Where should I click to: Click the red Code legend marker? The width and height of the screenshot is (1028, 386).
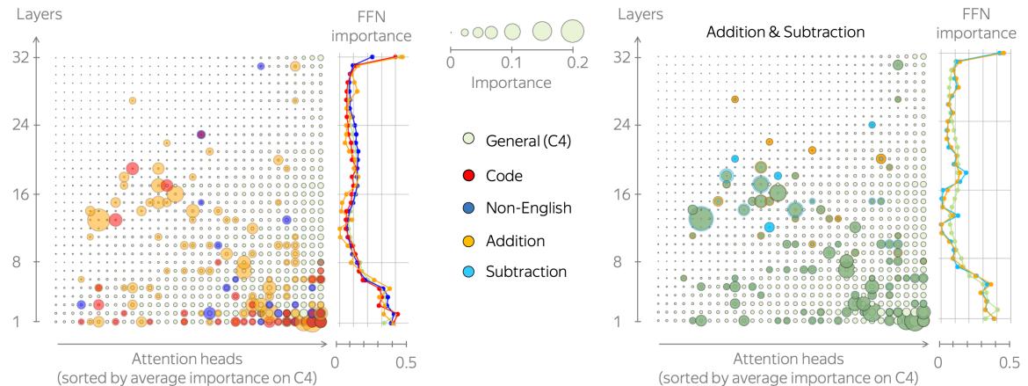pyautogui.click(x=468, y=176)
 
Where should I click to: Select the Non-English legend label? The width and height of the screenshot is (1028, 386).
pyautogui.click(x=528, y=208)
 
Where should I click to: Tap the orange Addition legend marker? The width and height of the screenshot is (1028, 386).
pyautogui.click(x=468, y=240)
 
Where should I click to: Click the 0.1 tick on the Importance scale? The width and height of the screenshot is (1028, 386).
pyautogui.click(x=512, y=63)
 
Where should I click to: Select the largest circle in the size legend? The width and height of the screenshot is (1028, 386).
pyautogui.click(x=572, y=32)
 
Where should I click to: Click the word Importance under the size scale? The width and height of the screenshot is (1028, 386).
pyautogui.click(x=511, y=83)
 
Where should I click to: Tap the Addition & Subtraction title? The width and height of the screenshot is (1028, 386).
pyautogui.click(x=785, y=32)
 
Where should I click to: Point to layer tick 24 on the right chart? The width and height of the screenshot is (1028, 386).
pyautogui.click(x=627, y=125)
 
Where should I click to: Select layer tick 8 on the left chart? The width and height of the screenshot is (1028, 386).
pyautogui.click(x=25, y=262)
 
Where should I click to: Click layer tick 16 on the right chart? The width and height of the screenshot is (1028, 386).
pyautogui.click(x=628, y=193)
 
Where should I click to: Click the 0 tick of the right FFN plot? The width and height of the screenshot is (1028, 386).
pyautogui.click(x=938, y=361)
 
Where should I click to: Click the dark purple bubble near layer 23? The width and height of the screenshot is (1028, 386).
pyautogui.click(x=201, y=135)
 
